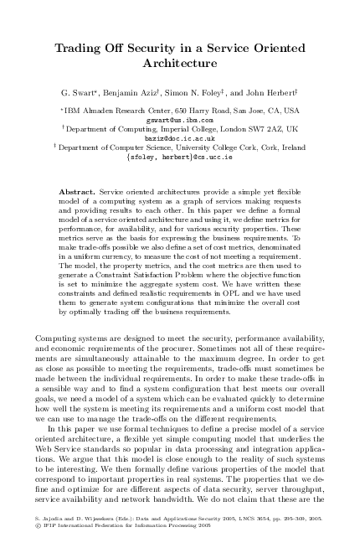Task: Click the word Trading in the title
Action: point(78,49)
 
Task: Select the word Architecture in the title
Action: point(179,63)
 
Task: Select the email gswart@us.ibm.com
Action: point(179,120)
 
